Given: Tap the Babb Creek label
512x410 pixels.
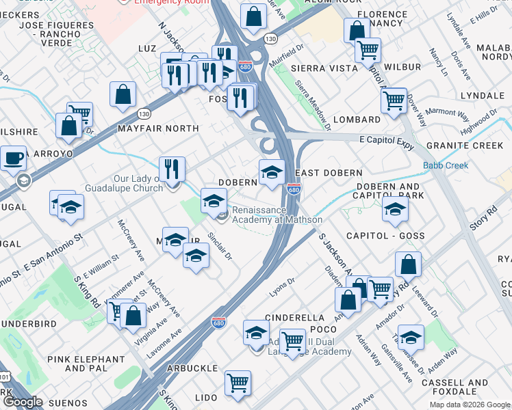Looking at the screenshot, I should click(x=446, y=165).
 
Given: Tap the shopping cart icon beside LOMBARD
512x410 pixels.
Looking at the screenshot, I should click(x=394, y=100).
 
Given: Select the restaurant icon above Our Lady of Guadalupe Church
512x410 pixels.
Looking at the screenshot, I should click(x=172, y=169).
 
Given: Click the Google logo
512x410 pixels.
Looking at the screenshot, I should click(x=23, y=402).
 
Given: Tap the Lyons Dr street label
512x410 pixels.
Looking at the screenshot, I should click(x=281, y=282).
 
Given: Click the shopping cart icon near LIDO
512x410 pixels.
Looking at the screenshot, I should click(x=238, y=383).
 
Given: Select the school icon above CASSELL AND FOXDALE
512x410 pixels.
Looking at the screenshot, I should click(x=411, y=337).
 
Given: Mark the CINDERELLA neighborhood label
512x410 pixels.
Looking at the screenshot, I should click(x=294, y=318).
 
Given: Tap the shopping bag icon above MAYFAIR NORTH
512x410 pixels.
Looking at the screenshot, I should click(x=123, y=95).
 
